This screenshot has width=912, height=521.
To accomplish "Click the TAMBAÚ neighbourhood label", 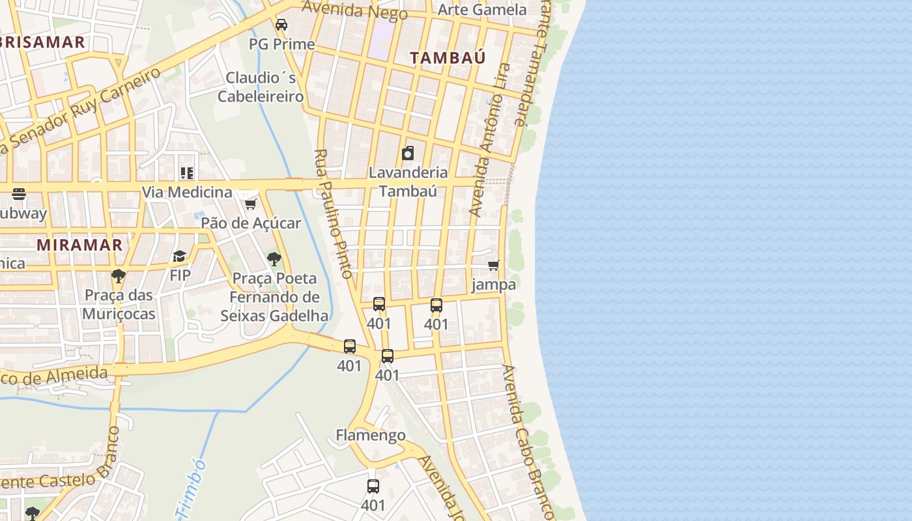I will click(448, 57).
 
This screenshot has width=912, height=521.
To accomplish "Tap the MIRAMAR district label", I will click(79, 245).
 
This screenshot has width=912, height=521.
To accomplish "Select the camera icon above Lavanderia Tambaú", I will click(408, 154).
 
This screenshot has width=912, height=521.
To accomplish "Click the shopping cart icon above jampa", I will click(494, 266).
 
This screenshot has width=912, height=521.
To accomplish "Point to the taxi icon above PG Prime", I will click(281, 25).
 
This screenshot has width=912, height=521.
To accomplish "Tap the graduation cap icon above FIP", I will click(180, 257).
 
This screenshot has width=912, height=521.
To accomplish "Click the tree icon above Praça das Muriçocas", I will click(119, 276).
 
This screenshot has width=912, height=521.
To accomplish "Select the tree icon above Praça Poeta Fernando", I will click(274, 259).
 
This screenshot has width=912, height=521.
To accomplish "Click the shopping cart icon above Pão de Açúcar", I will click(250, 204).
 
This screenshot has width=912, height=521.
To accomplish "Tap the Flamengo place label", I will click(371, 435).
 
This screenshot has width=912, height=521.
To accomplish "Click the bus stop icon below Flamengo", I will click(373, 486).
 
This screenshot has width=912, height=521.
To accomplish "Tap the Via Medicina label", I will click(187, 192).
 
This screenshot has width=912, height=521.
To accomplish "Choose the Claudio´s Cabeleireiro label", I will click(261, 87).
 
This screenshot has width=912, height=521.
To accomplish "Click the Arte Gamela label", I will click(481, 10).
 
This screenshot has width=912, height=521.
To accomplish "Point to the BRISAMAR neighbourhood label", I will click(42, 43).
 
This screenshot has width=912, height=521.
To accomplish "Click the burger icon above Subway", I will click(18, 194).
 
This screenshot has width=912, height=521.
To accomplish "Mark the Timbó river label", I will click(192, 488).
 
